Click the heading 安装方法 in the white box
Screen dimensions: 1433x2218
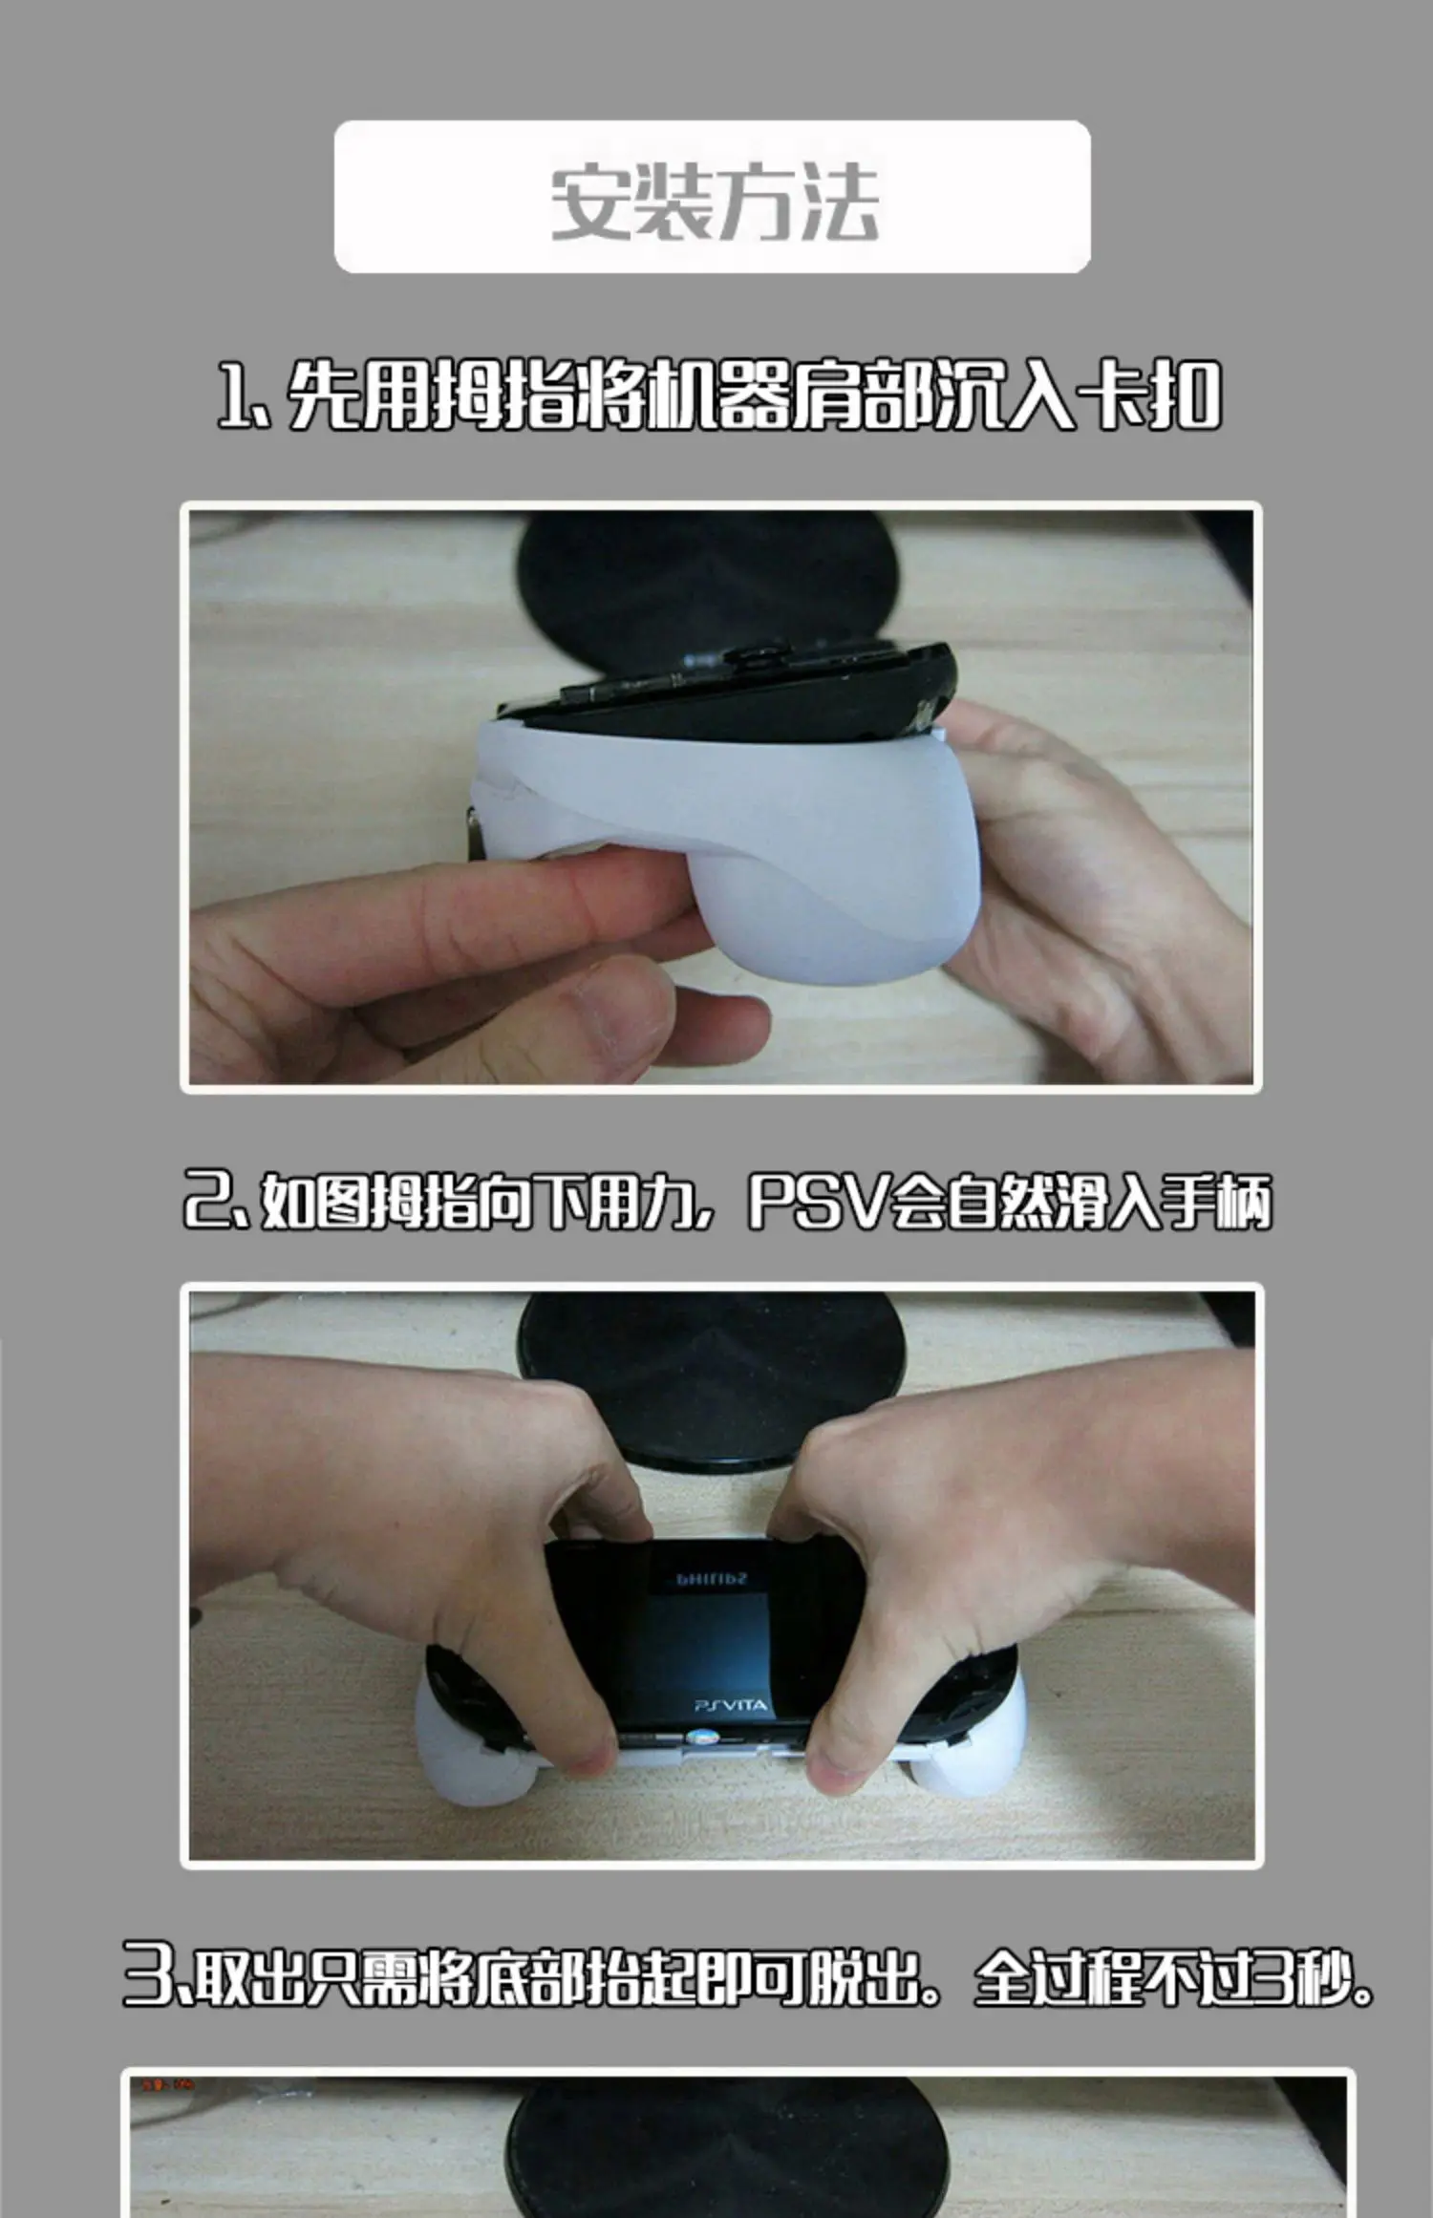[x=714, y=202]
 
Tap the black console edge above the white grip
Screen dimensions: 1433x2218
[x=726, y=688]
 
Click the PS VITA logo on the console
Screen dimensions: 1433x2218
[x=729, y=1704]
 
